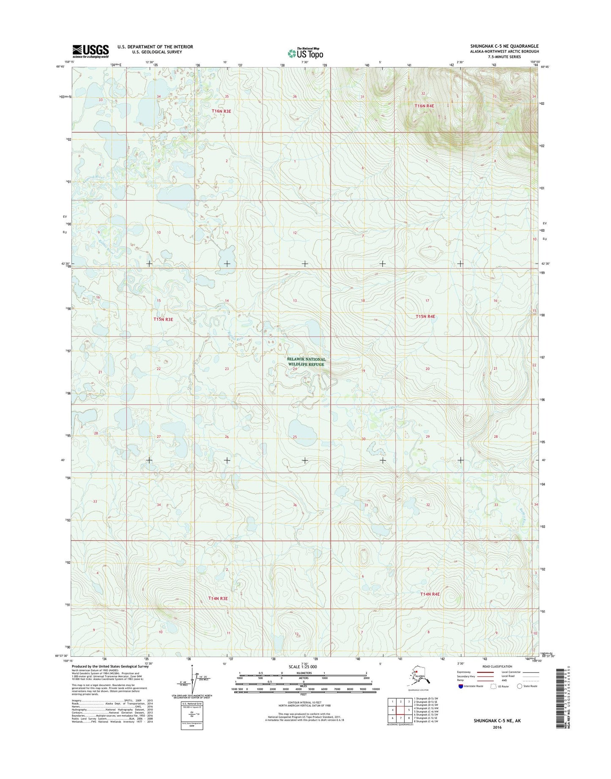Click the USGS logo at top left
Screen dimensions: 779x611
pos(90,51)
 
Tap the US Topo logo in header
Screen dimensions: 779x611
pos(305,53)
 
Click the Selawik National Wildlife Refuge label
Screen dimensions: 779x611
pos(307,362)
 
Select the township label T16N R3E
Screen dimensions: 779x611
pos(222,111)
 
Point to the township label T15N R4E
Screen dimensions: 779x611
pos(425,316)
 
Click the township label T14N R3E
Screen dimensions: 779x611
pos(218,598)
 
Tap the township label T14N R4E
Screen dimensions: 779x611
pos(430,594)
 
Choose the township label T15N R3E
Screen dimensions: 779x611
pos(163,319)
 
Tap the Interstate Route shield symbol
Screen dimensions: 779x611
pos(460,686)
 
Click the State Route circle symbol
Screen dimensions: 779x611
pos(520,686)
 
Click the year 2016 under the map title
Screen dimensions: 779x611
pos(497,727)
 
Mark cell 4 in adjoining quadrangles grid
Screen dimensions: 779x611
pos(392,710)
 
